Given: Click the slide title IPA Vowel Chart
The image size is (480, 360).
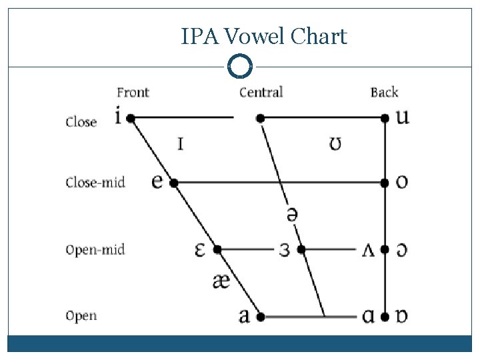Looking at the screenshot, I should click(x=264, y=36).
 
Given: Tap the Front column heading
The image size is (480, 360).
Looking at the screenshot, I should click(x=133, y=93).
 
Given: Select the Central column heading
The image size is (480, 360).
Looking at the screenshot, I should click(x=261, y=92).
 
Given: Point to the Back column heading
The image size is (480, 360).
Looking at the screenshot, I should click(x=384, y=92).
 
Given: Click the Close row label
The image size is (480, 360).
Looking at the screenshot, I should click(x=81, y=122).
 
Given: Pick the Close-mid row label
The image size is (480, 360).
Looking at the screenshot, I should click(x=95, y=182).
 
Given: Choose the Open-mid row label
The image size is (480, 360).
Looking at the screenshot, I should click(x=95, y=250).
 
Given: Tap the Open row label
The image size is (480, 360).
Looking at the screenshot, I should click(x=81, y=316).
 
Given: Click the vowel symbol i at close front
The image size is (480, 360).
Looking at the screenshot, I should click(x=118, y=117).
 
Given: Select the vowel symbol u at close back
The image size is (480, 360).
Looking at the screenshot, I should click(x=402, y=117).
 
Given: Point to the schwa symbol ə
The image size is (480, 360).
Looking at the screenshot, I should click(x=291, y=215).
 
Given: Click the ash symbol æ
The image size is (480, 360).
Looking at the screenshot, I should click(x=221, y=281).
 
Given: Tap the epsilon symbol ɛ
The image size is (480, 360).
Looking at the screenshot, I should click(x=199, y=249).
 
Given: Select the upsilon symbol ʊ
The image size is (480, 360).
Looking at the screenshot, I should click(x=337, y=143).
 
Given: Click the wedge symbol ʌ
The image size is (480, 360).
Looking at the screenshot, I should click(x=367, y=250).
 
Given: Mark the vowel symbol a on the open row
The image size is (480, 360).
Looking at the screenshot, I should click(x=245, y=315).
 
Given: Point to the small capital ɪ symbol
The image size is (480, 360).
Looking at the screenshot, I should click(x=180, y=143).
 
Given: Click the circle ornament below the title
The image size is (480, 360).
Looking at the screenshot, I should click(x=240, y=67).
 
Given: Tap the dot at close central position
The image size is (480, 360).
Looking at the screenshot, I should click(x=260, y=118).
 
